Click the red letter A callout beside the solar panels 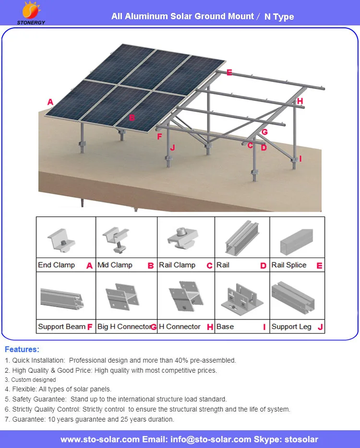(50, 102)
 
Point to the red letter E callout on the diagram (229, 72)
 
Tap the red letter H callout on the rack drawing (300, 101)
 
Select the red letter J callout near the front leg (172, 148)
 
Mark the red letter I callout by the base (300, 158)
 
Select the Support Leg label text (291, 327)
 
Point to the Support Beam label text (61, 327)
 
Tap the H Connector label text (180, 327)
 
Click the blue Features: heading (22, 350)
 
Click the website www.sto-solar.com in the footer (100, 439)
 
